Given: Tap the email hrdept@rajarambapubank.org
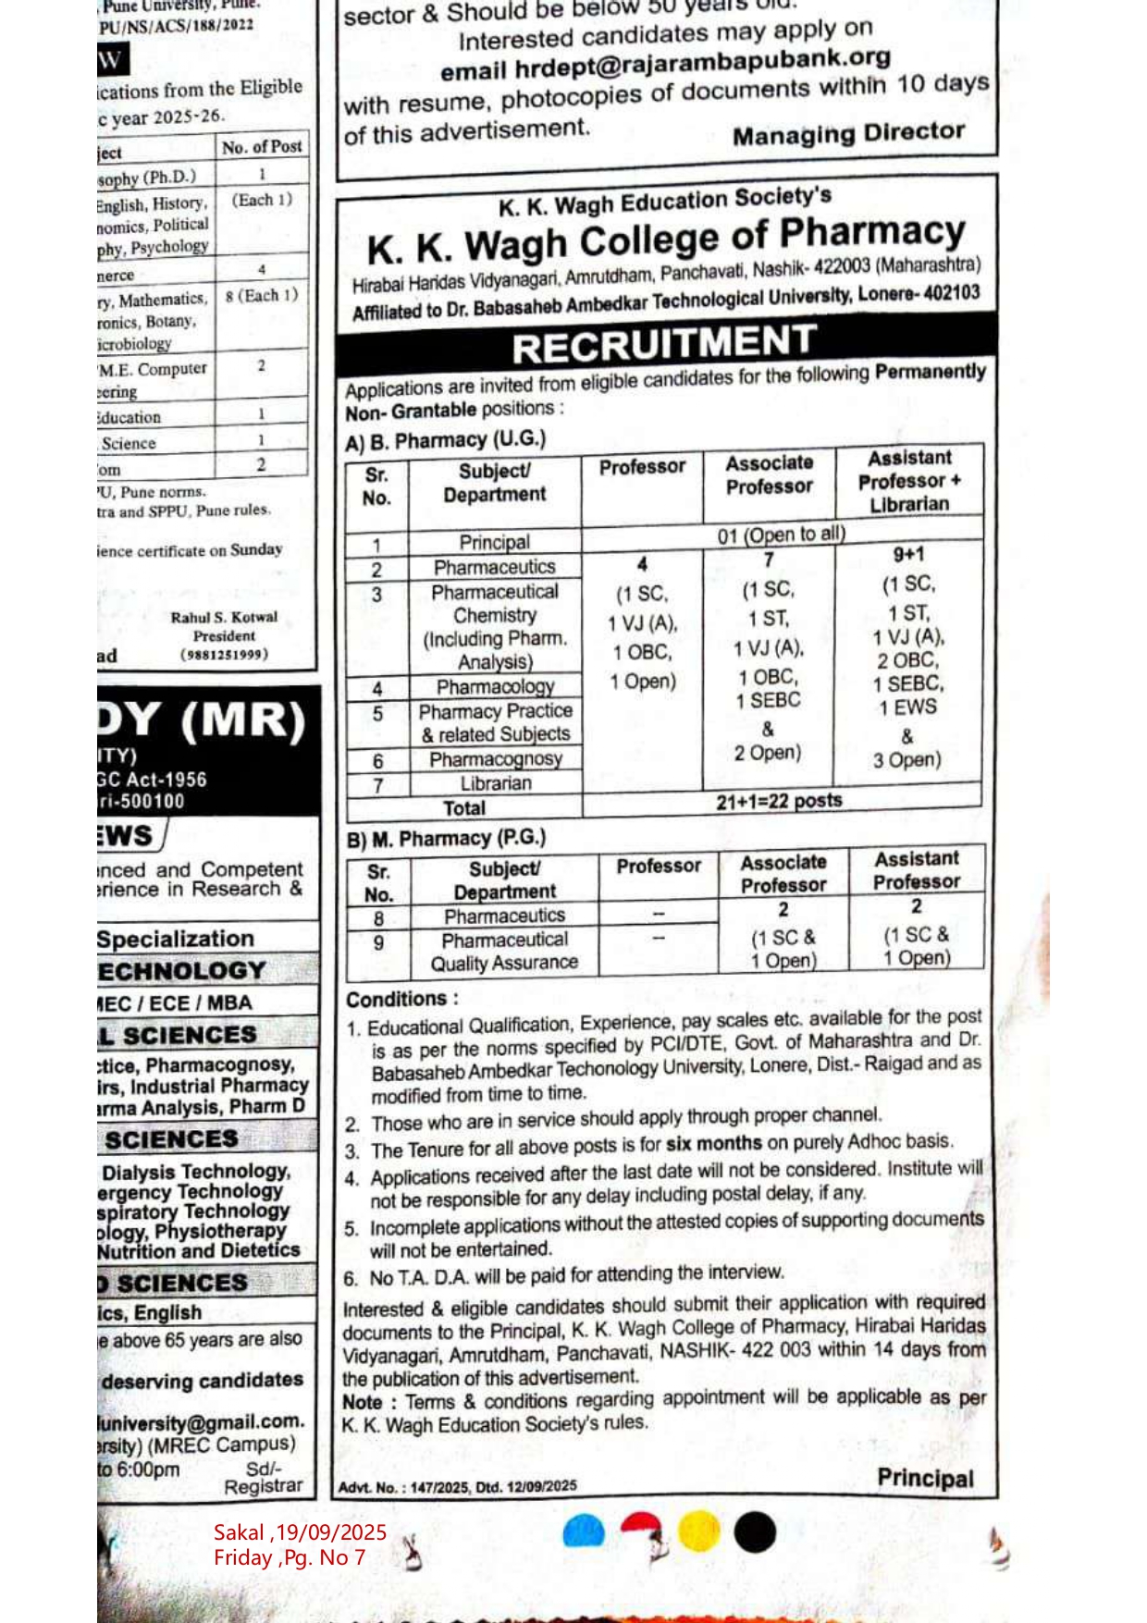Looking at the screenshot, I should coord(664,64).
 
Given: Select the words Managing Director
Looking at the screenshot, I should coord(848,134).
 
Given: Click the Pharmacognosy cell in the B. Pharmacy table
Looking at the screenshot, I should coord(496,759).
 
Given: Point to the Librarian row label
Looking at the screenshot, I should coord(496,783).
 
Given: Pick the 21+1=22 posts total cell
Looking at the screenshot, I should coord(779,801).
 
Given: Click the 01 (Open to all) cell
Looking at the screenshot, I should coord(781,535).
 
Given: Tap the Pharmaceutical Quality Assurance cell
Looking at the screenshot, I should coord(504,952).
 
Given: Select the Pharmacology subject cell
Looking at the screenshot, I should coord(496,687).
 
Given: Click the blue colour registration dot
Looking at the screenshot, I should coord(584,1532).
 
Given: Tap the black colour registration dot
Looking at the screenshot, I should coord(755,1531).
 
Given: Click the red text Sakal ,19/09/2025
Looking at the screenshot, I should coord(300,1532).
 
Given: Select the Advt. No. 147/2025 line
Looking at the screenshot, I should coord(457,1486).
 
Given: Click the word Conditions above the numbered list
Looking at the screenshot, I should coord(397,999).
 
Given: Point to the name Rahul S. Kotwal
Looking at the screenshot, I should coord(224,617).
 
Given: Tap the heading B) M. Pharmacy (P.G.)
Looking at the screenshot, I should coord(446,839).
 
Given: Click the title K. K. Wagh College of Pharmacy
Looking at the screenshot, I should coord(665,240).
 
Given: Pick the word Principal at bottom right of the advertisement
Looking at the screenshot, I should coord(925,1478).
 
